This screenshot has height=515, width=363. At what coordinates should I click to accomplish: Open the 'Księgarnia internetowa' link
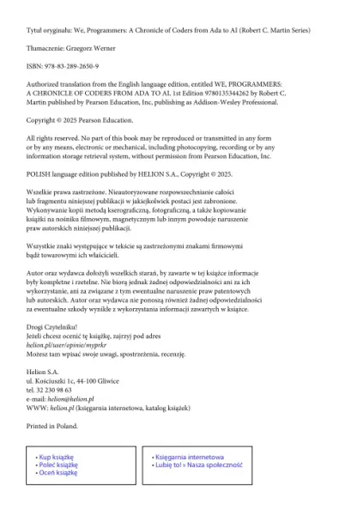click(x=190, y=457)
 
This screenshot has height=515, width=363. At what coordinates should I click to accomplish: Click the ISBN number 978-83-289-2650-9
click(x=71, y=65)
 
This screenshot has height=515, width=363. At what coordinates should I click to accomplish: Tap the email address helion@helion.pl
click(x=73, y=400)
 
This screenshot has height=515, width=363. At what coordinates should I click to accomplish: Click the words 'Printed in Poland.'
click(x=52, y=426)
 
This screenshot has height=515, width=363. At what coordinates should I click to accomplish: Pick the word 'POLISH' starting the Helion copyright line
click(x=39, y=172)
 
